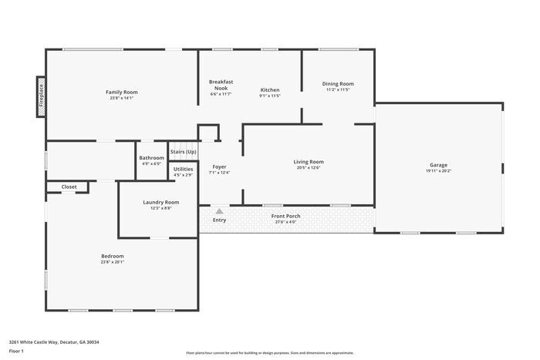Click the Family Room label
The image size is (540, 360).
pos(121,92)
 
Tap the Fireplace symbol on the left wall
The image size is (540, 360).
pos(40,98)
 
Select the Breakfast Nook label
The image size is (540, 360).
pos(221,85)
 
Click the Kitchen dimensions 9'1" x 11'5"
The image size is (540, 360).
pos(269,96)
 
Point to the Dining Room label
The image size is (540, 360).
pos(338,83)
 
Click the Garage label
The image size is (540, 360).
pos(438,165)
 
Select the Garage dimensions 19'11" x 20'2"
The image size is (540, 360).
pos(438,172)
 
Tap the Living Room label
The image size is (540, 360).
pos(309,162)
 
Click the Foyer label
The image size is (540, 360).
pos(219,166)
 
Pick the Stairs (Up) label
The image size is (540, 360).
pos(183,152)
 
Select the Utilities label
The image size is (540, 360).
pos(183,169)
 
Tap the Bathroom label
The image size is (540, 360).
pos(151,157)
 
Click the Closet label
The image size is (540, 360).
pos(69,187)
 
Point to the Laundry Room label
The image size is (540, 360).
pos(160,202)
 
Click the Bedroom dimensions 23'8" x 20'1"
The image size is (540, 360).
pos(112,262)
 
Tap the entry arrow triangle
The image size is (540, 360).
pos(220,210)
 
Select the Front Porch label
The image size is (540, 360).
pos(285,216)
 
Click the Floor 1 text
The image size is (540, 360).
pos(16,351)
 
